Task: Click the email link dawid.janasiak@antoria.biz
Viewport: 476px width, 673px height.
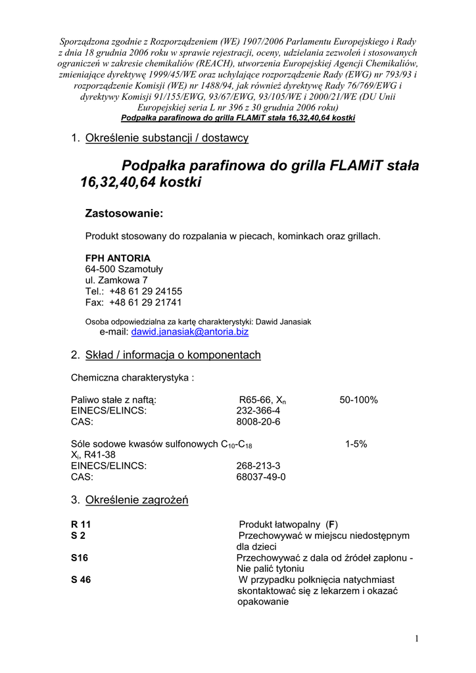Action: click(190, 333)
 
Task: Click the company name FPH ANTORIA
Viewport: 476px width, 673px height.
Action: click(118, 258)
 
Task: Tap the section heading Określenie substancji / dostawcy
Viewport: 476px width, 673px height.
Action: click(167, 138)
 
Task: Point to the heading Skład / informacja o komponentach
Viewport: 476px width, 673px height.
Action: click(173, 356)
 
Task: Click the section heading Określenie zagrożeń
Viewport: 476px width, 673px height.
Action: click(137, 500)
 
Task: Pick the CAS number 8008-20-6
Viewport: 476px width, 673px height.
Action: click(258, 422)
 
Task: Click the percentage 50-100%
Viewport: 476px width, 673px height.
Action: click(358, 400)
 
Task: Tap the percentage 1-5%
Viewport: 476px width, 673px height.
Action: click(356, 444)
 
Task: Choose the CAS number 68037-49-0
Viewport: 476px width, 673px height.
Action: click(261, 477)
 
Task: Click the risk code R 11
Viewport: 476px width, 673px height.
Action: click(81, 524)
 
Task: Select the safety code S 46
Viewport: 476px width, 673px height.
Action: click(81, 580)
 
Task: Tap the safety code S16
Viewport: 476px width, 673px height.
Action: click(80, 557)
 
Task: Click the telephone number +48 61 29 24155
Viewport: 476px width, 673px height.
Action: click(146, 291)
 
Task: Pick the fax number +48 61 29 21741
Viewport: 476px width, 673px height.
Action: click(146, 302)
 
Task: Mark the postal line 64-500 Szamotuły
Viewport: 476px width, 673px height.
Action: click(124, 269)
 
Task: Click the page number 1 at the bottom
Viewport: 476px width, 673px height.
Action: click(417, 638)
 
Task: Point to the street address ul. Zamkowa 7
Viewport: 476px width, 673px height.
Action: click(116, 281)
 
